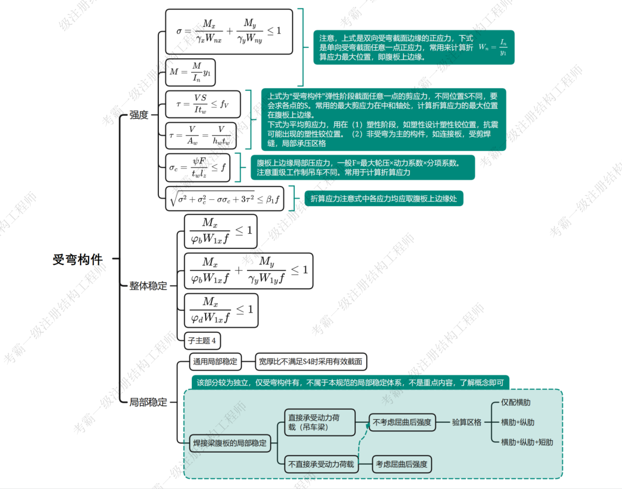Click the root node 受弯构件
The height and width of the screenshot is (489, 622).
(78, 260)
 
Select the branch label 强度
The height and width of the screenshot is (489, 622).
(139, 115)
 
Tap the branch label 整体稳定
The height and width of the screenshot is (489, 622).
(148, 286)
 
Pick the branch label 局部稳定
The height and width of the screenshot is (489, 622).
(148, 402)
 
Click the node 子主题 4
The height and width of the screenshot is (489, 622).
(202, 340)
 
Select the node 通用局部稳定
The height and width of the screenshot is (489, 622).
(215, 362)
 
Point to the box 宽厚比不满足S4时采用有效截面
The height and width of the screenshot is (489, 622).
(310, 362)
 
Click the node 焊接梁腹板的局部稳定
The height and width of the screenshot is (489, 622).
(230, 443)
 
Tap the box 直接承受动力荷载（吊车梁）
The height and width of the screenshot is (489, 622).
(320, 422)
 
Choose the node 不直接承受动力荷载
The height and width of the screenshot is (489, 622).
(321, 464)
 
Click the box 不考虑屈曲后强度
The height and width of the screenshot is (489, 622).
(402, 422)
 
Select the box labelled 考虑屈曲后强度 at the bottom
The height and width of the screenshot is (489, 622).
(401, 464)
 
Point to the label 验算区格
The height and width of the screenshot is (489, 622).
(466, 422)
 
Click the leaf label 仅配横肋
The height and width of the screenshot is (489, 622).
(516, 402)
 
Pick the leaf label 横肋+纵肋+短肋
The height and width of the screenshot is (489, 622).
(526, 442)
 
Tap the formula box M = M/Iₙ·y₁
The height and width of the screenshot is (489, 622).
(190, 73)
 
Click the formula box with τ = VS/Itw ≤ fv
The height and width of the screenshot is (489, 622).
(202, 104)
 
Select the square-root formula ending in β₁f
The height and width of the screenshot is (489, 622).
(225, 199)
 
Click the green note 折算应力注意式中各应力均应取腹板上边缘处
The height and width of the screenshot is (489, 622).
(384, 199)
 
